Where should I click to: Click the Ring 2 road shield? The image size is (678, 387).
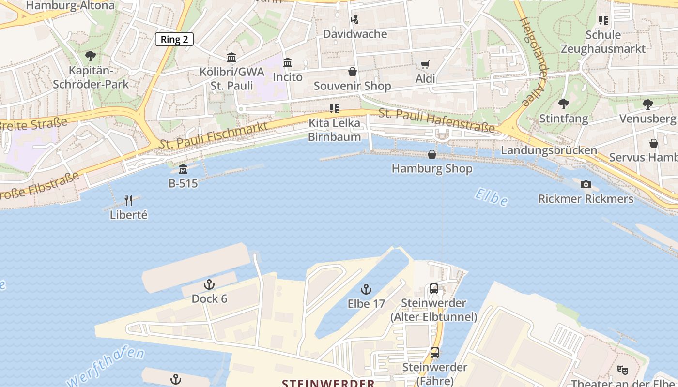pyautogui.click(x=174, y=39)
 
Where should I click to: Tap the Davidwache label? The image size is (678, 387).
pyautogui.click(x=355, y=34)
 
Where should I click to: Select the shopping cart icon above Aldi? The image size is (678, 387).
pyautogui.click(x=425, y=64)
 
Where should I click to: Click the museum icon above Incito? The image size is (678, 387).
pyautogui.click(x=288, y=63)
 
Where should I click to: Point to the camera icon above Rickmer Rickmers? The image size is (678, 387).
pyautogui.click(x=586, y=184)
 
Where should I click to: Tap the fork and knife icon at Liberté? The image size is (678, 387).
pyautogui.click(x=128, y=200)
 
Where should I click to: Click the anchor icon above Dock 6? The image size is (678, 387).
pyautogui.click(x=209, y=284)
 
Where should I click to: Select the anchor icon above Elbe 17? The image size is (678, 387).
pyautogui.click(x=366, y=289)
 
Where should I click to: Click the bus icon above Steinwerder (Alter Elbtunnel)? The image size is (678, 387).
pyautogui.click(x=434, y=289)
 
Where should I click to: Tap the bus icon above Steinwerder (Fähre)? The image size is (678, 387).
pyautogui.click(x=435, y=353)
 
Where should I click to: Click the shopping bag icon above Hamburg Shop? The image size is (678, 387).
pyautogui.click(x=431, y=154)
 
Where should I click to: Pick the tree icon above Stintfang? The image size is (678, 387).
pyautogui.click(x=563, y=104)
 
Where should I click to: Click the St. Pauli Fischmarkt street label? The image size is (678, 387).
pyautogui.click(x=214, y=136)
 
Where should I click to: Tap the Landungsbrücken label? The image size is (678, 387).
pyautogui.click(x=549, y=150)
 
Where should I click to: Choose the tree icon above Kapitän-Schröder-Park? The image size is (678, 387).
pyautogui.click(x=91, y=56)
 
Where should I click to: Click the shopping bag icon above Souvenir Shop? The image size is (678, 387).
pyautogui.click(x=352, y=72)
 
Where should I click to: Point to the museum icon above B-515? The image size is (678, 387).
pyautogui.click(x=183, y=169)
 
